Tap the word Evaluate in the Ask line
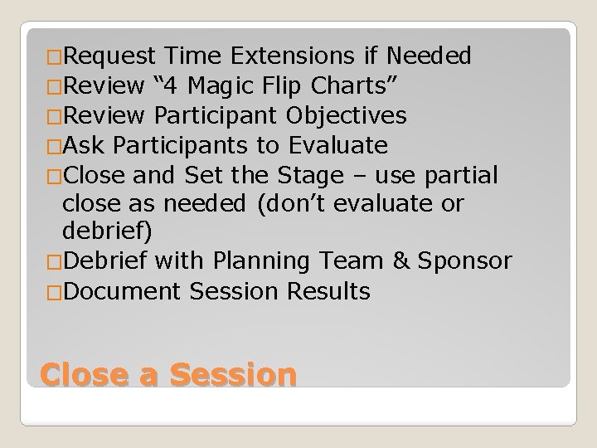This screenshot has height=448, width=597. [x=337, y=146]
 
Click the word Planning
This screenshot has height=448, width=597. [x=261, y=261]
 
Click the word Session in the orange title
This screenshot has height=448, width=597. [x=232, y=375]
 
